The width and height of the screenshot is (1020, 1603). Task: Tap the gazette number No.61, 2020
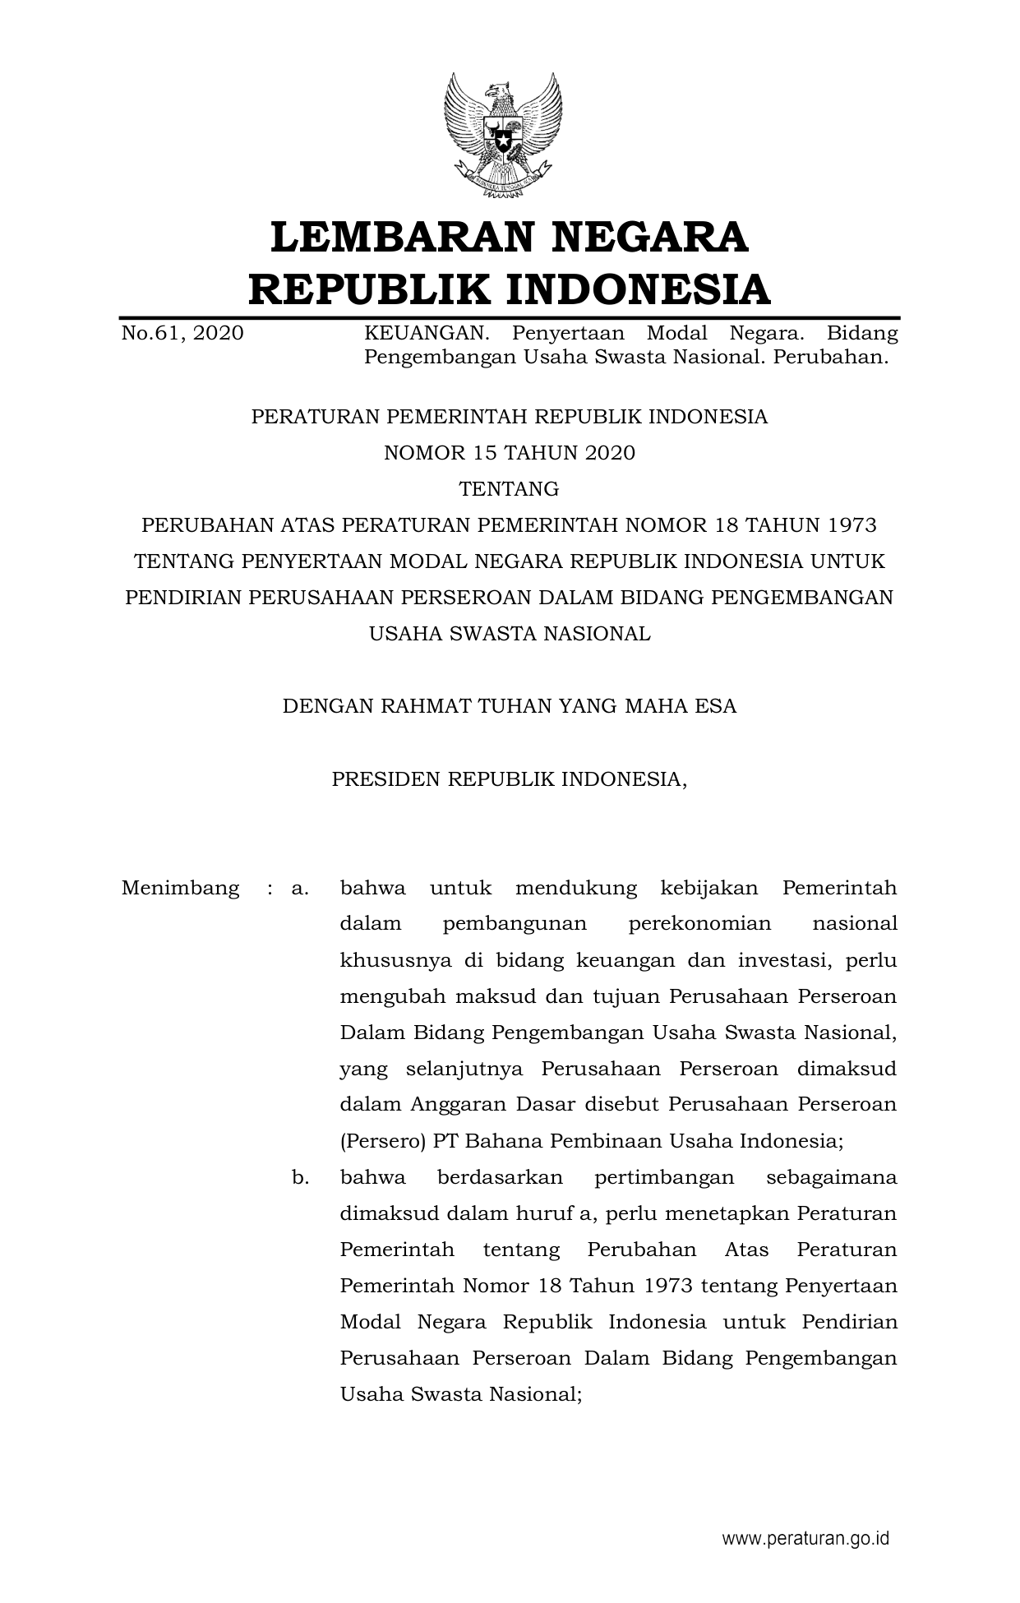pos(182,333)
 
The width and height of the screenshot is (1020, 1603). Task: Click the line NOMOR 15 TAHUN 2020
pos(510,453)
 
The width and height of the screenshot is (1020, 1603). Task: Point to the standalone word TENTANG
pos(510,489)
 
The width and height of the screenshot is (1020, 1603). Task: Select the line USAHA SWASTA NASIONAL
pos(510,633)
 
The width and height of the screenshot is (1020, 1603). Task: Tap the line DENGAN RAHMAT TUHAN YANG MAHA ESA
pos(510,705)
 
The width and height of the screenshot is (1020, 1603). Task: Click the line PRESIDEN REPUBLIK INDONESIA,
pos(510,778)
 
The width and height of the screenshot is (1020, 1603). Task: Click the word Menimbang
pos(180,888)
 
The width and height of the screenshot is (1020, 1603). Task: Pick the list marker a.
pos(299,888)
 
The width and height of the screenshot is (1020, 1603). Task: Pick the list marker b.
pos(300,1177)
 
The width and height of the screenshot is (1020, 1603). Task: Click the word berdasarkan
pos(500,1177)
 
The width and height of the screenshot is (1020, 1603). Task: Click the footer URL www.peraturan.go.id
pos(805,1539)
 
